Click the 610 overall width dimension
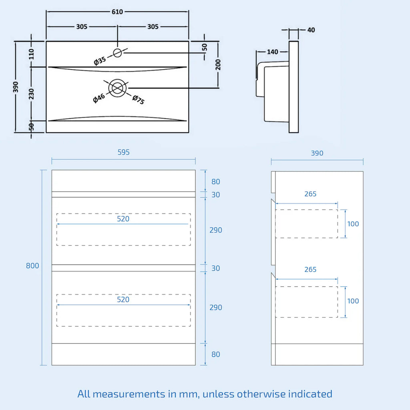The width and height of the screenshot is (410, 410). (117, 12)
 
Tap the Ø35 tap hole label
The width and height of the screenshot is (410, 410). (100, 61)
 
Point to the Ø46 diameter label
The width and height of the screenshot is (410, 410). (99, 98)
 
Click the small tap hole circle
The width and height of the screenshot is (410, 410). (117, 52)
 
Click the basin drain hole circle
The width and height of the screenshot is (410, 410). (117, 88)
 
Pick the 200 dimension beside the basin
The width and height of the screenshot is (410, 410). (218, 64)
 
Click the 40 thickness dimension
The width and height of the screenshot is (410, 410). (311, 30)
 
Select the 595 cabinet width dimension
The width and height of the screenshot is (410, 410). (124, 153)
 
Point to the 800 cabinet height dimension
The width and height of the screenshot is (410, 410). (32, 266)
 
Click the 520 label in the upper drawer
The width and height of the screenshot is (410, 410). (123, 219)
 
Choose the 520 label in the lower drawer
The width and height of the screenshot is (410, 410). (123, 299)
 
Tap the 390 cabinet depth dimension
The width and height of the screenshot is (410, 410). (317, 153)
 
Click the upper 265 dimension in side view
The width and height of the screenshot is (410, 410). (310, 194)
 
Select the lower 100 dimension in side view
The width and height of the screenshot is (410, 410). (353, 301)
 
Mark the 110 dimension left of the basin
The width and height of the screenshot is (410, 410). (32, 53)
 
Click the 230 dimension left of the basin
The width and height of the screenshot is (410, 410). (32, 94)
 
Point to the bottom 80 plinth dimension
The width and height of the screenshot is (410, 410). (216, 354)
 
